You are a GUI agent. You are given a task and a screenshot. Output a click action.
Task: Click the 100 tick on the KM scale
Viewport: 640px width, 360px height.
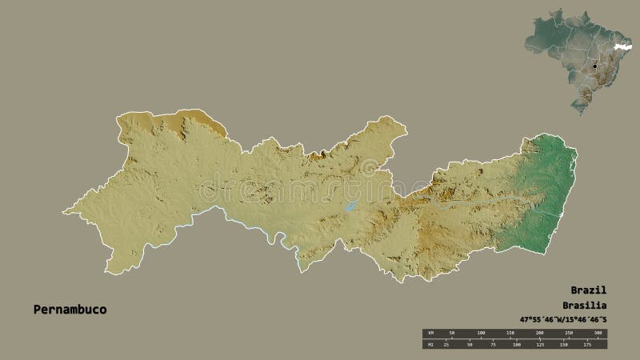pyautogui.click(x=481, y=332)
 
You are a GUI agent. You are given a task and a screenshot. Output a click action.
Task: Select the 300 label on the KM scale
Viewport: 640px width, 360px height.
pyautogui.click(x=598, y=332)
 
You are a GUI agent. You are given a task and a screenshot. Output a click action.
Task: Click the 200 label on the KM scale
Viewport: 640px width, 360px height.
pyautogui.click(x=539, y=332)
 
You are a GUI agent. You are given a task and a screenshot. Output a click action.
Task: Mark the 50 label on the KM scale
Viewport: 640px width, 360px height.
pyautogui.click(x=452, y=332)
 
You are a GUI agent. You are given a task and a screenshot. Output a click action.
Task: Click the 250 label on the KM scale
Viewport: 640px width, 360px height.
pyautogui.click(x=569, y=332)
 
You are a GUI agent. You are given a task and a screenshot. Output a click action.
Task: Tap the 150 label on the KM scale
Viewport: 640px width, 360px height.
pyautogui.click(x=510, y=332)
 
